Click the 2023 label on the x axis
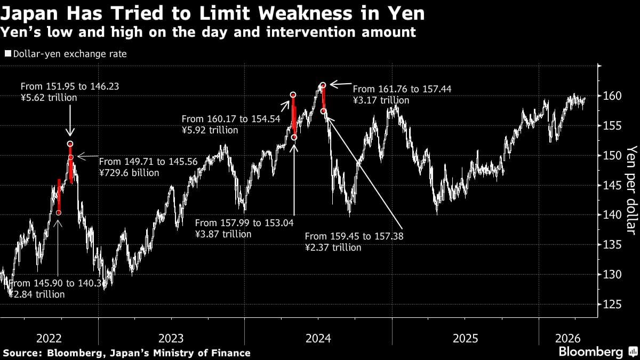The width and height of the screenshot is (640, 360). tap(171, 338)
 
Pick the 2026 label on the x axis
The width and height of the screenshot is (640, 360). tap(569, 338)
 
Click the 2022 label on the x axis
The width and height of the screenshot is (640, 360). tap(49, 338)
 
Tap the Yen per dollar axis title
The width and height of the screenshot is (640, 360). tap(631, 189)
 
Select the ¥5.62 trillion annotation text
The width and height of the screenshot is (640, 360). tap(49, 98)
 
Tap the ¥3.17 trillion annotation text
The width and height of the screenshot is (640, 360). tap(381, 100)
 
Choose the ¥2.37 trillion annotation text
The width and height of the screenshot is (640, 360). tap(333, 247)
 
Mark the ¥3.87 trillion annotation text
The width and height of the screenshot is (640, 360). tap(223, 234)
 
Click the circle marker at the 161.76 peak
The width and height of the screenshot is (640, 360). tap(323, 85)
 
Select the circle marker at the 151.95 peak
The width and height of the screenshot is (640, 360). tap(70, 144)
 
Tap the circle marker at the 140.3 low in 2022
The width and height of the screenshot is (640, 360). tap(59, 213)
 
